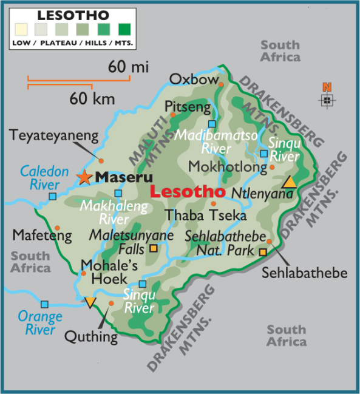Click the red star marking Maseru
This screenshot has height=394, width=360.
point(84,177)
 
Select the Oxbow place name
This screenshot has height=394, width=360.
point(193,80)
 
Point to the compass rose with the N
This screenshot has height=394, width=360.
point(327,97)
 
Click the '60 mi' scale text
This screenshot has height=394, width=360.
point(128,66)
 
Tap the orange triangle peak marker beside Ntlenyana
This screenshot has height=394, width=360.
point(290,182)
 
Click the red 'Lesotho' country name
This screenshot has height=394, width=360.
point(183,192)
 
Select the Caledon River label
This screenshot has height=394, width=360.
point(44,178)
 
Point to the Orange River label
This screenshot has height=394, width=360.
point(40,323)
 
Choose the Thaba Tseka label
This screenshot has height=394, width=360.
point(206,215)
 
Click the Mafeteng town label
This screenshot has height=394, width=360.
point(42,234)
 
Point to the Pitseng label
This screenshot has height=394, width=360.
point(189,107)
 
